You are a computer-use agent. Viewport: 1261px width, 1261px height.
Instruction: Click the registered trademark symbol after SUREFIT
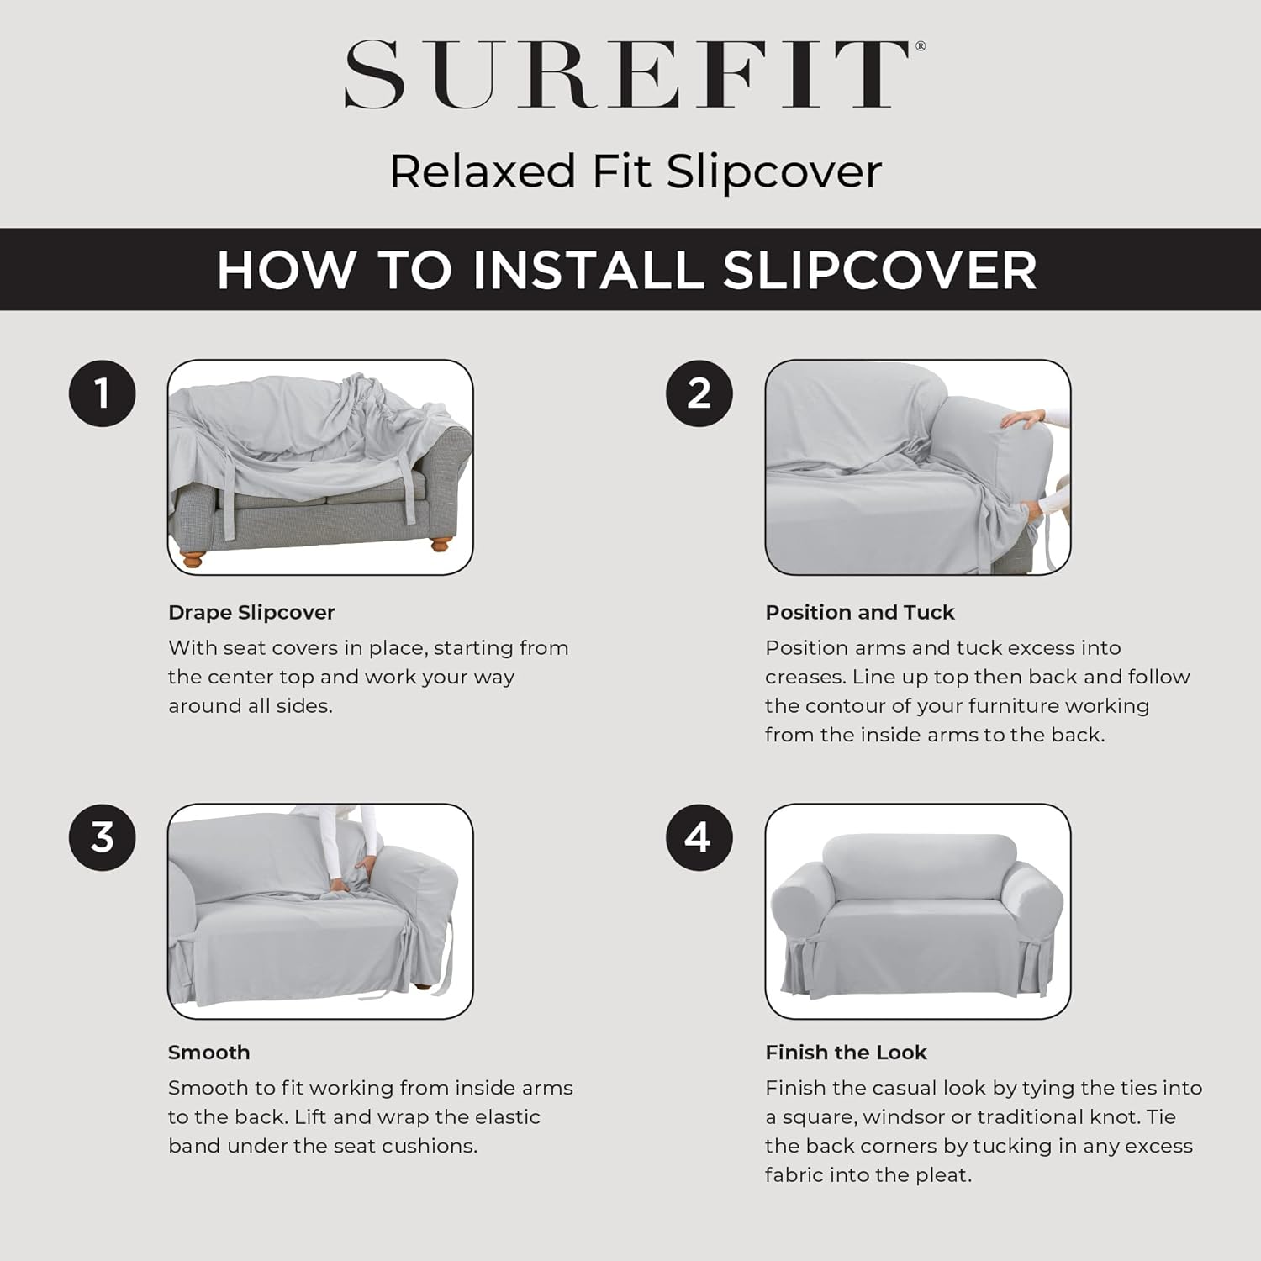click(920, 47)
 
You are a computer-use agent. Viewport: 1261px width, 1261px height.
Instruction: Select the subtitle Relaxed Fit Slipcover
click(636, 171)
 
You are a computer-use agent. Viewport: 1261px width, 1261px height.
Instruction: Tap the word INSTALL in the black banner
click(588, 270)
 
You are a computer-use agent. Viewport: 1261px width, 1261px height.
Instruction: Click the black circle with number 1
click(102, 393)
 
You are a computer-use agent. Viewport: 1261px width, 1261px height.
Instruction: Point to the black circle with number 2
click(699, 393)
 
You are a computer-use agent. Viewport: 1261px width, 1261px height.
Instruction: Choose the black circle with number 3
click(102, 837)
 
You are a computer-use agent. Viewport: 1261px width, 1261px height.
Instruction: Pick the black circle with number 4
click(699, 837)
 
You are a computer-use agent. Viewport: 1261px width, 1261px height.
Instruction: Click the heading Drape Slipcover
click(251, 612)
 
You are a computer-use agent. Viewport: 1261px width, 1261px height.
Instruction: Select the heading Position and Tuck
click(859, 612)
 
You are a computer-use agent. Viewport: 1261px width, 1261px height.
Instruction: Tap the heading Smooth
click(208, 1053)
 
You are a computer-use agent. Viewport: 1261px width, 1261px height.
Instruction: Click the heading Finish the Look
click(846, 1053)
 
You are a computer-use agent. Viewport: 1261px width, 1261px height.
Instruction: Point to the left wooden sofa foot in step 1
click(193, 557)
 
